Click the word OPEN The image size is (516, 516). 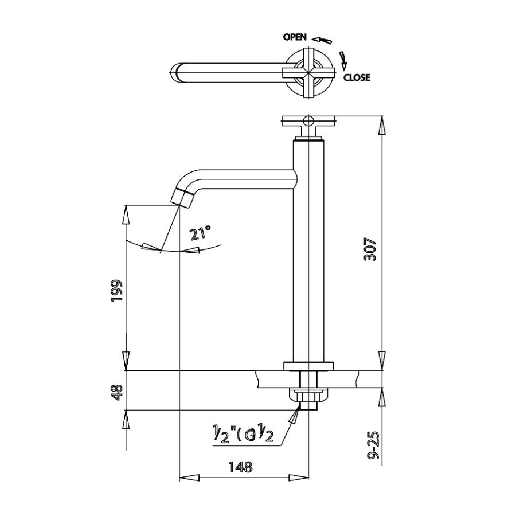coord(295,37)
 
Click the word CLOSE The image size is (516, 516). coord(357,78)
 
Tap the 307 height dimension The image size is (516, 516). coord(370,249)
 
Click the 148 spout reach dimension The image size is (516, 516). coord(241,467)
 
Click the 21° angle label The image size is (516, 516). coord(201,233)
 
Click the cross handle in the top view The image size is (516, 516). coord(310,72)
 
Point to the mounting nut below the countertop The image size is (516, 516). coord(308,395)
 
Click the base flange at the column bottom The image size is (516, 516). coord(308,366)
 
